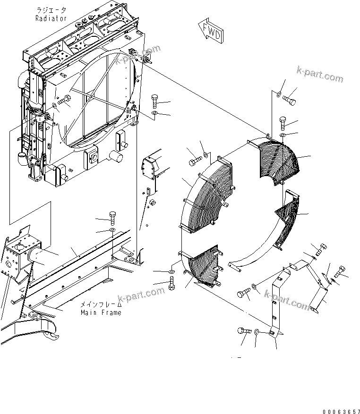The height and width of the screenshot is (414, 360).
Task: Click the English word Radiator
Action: (51, 18)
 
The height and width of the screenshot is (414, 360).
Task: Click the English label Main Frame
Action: (101, 313)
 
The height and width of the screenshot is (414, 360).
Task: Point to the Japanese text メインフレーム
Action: (101, 305)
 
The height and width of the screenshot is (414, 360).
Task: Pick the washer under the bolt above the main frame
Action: (112, 230)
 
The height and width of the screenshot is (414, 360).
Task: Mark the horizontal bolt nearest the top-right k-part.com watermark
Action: (290, 100)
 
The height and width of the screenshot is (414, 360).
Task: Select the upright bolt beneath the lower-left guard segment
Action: (171, 285)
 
